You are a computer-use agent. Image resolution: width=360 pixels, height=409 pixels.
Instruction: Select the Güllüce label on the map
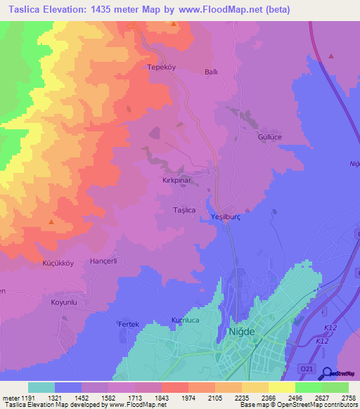pos(269,137)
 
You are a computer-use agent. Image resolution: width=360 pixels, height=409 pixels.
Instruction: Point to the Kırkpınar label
pos(176,180)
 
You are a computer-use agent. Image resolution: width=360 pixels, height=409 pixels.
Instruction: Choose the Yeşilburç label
pos(226,218)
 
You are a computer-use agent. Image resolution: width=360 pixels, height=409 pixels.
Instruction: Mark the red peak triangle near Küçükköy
pos(51,222)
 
